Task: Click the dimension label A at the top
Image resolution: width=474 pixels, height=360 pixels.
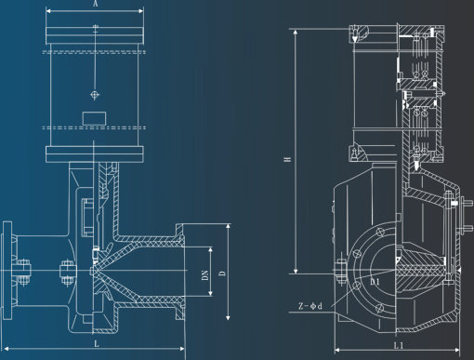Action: tap(96, 4)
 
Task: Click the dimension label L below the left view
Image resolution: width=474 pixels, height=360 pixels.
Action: tap(97, 343)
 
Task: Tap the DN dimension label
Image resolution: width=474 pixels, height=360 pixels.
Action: tap(205, 275)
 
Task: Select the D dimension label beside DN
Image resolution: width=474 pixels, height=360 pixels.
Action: tap(222, 273)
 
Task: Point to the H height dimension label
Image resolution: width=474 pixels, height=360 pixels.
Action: tap(287, 159)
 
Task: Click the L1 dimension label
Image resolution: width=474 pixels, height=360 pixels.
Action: tap(399, 345)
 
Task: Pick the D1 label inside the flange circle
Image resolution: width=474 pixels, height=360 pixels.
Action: tap(375, 282)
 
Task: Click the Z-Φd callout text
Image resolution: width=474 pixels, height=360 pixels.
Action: tap(310, 306)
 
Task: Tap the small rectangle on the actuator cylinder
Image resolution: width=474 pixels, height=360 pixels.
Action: tap(94, 118)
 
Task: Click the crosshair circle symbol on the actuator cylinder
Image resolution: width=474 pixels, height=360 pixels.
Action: tap(95, 94)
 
